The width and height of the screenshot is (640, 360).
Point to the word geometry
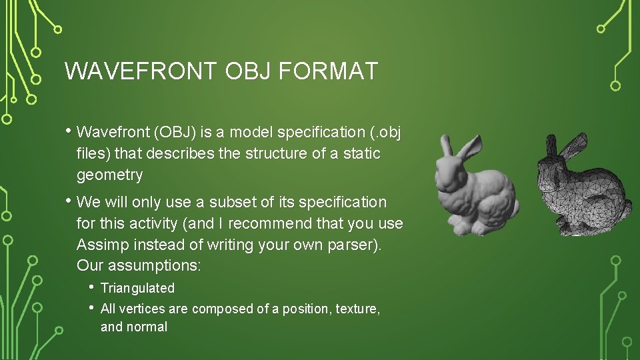point(109,175)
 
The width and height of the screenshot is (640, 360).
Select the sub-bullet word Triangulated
point(137,288)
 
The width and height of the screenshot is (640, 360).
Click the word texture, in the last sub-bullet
point(357,309)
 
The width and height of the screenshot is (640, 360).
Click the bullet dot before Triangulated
point(91,287)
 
